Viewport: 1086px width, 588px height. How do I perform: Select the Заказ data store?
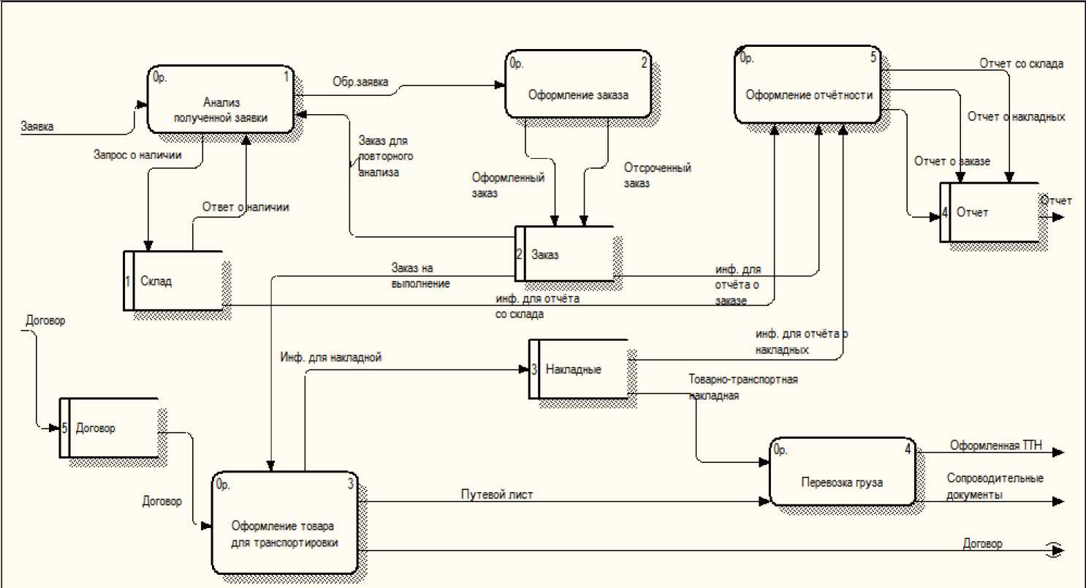point(563,254)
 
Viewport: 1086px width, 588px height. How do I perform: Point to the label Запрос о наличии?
point(137,154)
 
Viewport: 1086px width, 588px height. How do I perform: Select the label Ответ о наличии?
point(246,207)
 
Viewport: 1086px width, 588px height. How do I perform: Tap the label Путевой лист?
point(496,494)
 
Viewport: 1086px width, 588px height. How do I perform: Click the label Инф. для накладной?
point(330,358)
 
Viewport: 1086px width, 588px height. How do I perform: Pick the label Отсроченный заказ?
point(657,176)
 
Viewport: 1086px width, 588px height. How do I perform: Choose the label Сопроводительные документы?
point(995,486)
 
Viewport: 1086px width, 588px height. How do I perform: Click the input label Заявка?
point(37,126)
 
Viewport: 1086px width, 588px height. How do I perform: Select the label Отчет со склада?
point(1021,64)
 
